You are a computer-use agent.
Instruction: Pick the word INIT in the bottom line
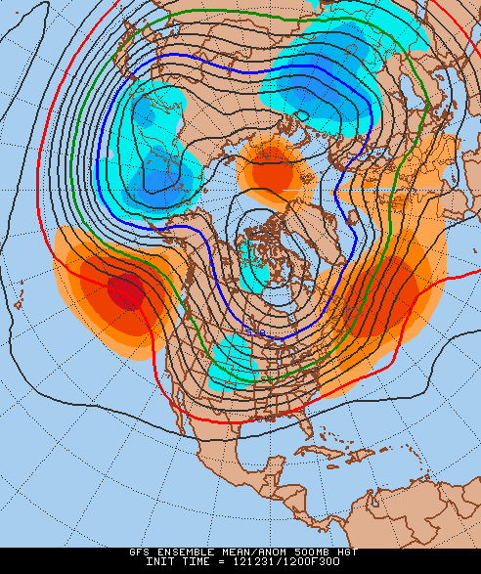coord(160,562)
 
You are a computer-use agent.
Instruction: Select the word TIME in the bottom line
coord(196,562)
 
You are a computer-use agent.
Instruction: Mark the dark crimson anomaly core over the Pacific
coord(125,290)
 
